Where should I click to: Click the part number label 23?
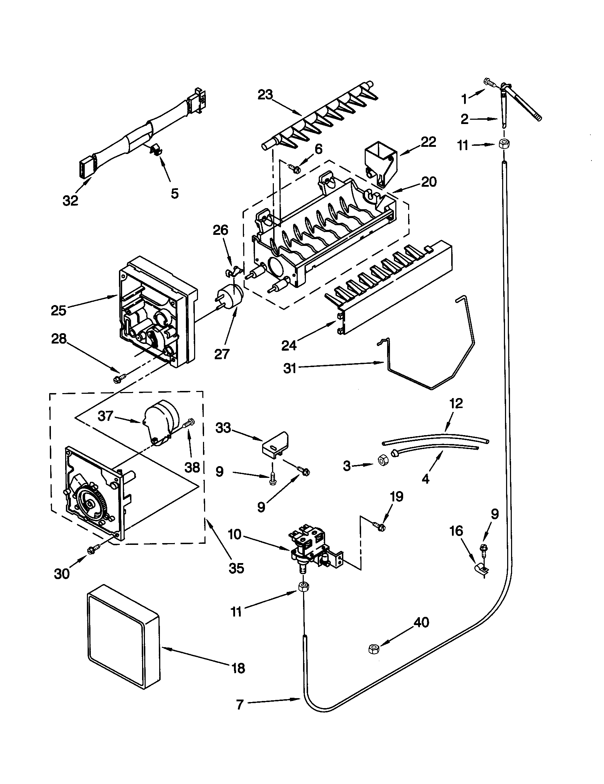265,96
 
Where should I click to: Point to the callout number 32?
70,201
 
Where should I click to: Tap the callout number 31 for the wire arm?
290,368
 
